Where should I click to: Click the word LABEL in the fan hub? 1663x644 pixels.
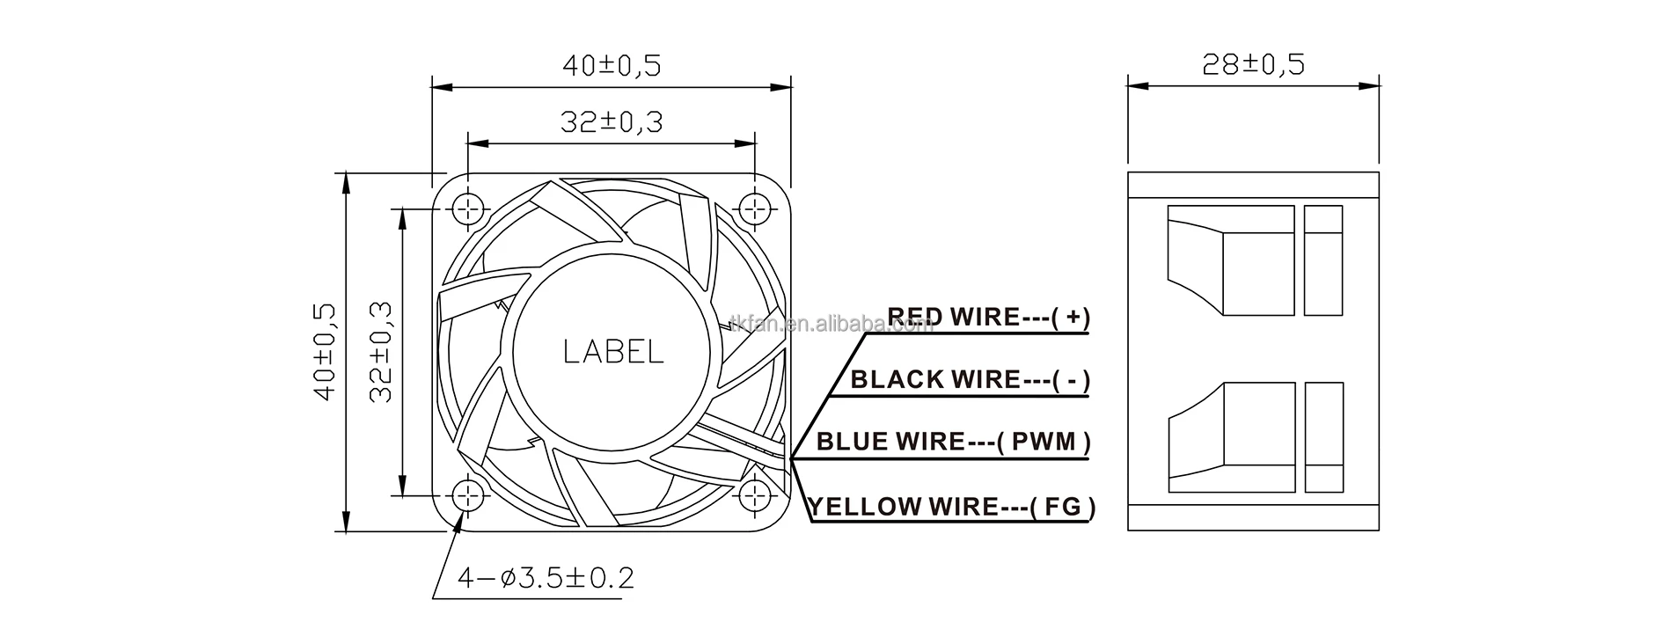[x=613, y=352]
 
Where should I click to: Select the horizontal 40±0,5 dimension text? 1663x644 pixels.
[x=611, y=65]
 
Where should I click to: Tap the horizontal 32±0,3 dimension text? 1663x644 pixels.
[x=611, y=122]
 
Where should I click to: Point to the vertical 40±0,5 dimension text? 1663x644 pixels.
[x=325, y=352]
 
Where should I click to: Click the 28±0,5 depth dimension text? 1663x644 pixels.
[x=1253, y=63]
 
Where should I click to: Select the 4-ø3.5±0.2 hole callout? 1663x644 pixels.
[x=546, y=578]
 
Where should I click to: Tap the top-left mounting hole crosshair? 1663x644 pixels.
[x=469, y=209]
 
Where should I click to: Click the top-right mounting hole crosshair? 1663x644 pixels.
[x=755, y=209]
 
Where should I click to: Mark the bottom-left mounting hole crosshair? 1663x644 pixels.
[x=469, y=495]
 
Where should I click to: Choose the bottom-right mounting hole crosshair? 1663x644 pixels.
[x=755, y=495]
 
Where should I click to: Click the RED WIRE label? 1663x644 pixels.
[x=953, y=317]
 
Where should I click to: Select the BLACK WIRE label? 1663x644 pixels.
[x=935, y=380]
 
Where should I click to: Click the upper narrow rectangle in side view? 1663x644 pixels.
[x=1323, y=260]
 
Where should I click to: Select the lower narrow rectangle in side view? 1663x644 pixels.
[x=1323, y=437]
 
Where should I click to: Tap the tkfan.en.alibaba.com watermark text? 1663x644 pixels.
[x=831, y=326]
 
